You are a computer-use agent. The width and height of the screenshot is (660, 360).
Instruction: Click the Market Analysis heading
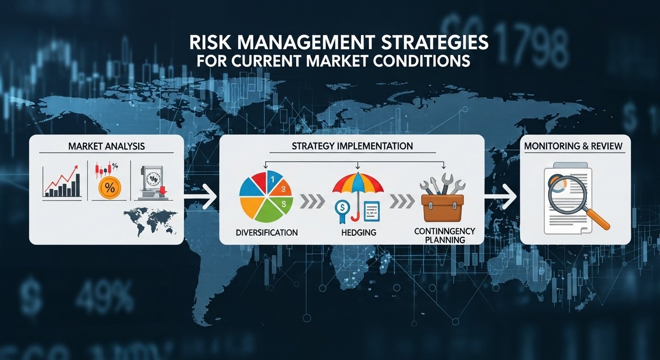click(x=106, y=146)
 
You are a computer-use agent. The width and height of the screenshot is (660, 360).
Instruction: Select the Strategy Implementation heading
click(x=352, y=146)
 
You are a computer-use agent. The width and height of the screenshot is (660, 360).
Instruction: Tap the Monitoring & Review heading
click(x=573, y=146)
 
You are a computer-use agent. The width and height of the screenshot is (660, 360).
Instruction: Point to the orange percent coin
click(x=109, y=188)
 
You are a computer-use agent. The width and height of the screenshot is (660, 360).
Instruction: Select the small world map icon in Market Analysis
click(x=150, y=222)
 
